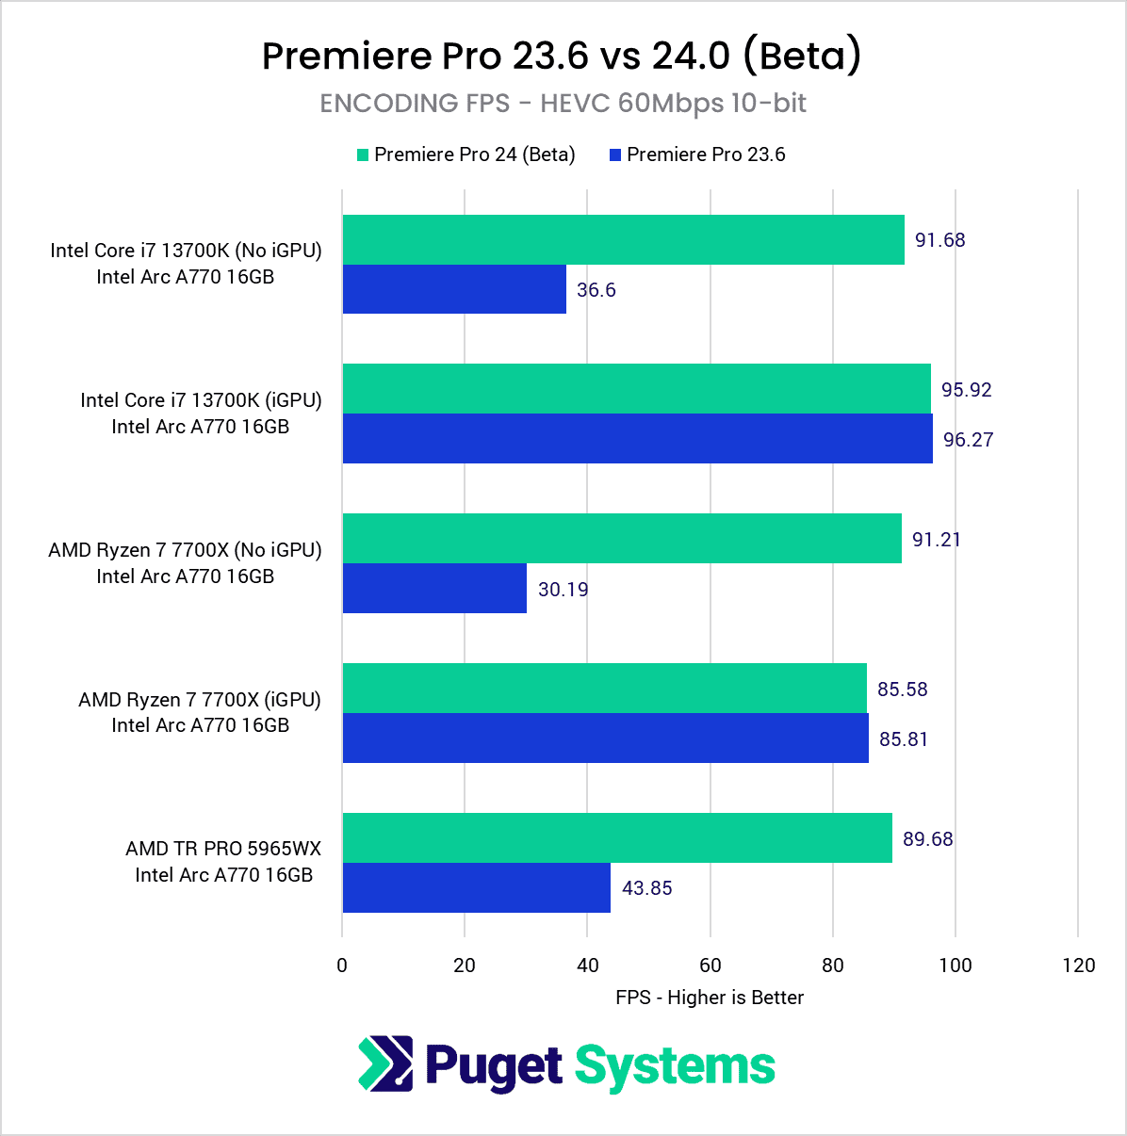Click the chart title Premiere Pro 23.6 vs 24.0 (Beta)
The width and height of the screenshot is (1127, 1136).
click(x=562, y=56)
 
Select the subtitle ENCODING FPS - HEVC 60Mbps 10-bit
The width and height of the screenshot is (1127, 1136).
click(x=563, y=103)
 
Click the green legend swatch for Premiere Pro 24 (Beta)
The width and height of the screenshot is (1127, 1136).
click(x=363, y=155)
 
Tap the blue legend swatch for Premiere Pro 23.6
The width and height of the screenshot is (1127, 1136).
click(x=615, y=155)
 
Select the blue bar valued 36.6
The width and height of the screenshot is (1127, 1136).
click(x=454, y=289)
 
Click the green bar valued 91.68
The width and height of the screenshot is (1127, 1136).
click(x=623, y=239)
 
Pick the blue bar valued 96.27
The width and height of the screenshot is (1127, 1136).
click(x=637, y=439)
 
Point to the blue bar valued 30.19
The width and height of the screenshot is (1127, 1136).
click(x=434, y=589)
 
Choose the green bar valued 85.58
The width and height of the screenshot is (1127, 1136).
click(x=604, y=689)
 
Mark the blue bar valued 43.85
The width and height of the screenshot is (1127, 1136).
click(x=476, y=887)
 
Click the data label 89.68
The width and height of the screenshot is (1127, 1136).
click(x=927, y=838)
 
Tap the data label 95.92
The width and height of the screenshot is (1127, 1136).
click(x=966, y=389)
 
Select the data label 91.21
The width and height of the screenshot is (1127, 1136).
click(x=936, y=539)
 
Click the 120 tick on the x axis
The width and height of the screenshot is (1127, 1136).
click(x=1078, y=965)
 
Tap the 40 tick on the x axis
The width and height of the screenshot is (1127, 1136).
click(x=587, y=965)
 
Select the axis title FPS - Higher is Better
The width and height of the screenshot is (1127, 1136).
click(x=710, y=998)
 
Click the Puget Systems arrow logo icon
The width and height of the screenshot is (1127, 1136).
click(x=385, y=1064)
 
